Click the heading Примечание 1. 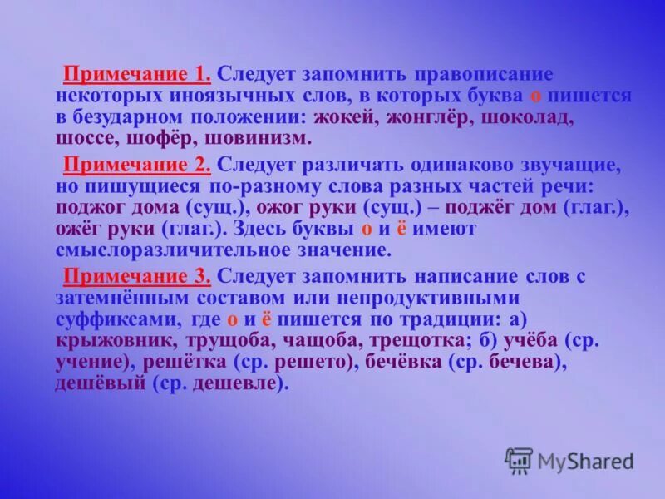[x=137, y=75]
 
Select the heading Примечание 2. [x=137, y=164]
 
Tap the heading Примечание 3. [x=137, y=275]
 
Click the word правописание [x=466, y=75]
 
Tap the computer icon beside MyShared [x=519, y=461]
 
